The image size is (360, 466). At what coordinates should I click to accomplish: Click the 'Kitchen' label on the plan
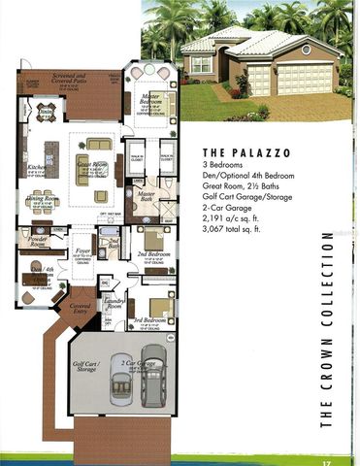[36, 167]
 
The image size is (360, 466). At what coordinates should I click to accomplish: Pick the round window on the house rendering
[307, 49]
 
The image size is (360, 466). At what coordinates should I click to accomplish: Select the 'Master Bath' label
[147, 195]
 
